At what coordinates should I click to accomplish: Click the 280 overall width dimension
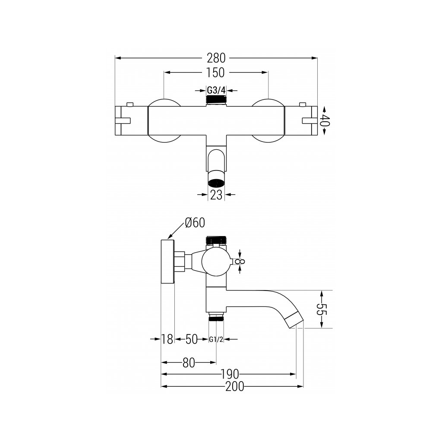216,57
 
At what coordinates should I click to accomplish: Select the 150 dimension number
216,73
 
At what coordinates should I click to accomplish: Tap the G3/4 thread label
216,91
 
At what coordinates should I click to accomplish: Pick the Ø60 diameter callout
195,223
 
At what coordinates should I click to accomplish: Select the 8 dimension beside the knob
242,261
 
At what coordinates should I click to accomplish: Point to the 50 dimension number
192,339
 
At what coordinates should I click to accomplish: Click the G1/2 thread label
216,339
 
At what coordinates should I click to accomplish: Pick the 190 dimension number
232,374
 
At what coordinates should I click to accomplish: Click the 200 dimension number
234,386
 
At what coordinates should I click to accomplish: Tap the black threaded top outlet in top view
216,100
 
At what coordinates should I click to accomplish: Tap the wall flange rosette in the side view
167,261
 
